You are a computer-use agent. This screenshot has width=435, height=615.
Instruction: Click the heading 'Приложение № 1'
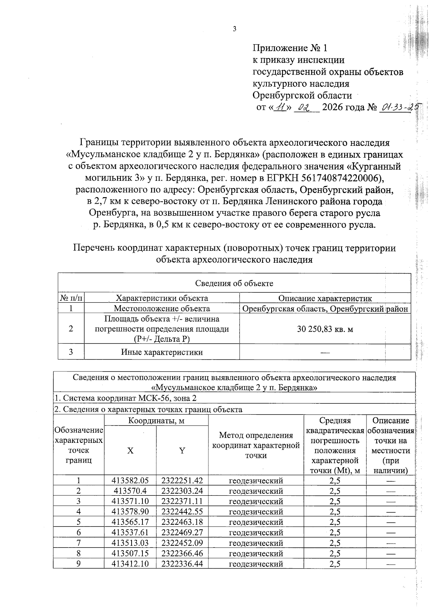click(x=290, y=48)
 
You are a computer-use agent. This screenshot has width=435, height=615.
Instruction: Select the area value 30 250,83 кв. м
click(x=325, y=329)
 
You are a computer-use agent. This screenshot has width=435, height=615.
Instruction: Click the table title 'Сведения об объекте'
click(x=234, y=283)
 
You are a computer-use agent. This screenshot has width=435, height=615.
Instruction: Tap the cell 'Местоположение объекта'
click(x=162, y=309)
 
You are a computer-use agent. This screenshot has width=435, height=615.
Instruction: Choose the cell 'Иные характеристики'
click(x=162, y=352)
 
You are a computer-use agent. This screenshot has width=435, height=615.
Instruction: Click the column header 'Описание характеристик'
click(x=325, y=299)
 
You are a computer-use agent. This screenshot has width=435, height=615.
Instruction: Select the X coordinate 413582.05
click(x=130, y=481)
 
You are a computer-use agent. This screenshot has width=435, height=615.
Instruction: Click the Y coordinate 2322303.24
click(x=182, y=491)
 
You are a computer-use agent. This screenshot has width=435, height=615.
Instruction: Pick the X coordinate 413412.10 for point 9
click(x=130, y=564)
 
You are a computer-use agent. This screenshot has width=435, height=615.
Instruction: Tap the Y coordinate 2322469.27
click(x=182, y=533)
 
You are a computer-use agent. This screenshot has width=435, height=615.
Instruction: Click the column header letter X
click(x=130, y=450)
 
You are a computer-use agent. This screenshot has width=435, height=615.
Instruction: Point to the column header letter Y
click(x=182, y=450)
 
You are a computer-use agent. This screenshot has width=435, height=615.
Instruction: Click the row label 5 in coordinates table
click(x=78, y=522)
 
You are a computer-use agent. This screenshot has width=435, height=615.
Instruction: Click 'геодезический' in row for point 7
click(x=256, y=543)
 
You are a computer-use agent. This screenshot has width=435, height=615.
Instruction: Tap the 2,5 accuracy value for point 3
click(x=335, y=502)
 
